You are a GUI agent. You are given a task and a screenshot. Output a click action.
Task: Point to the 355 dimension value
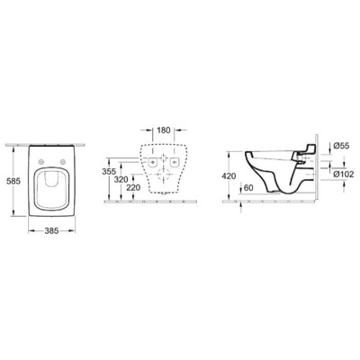coord(109,169)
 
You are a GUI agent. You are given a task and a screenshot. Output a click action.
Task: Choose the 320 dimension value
coord(120,179)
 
